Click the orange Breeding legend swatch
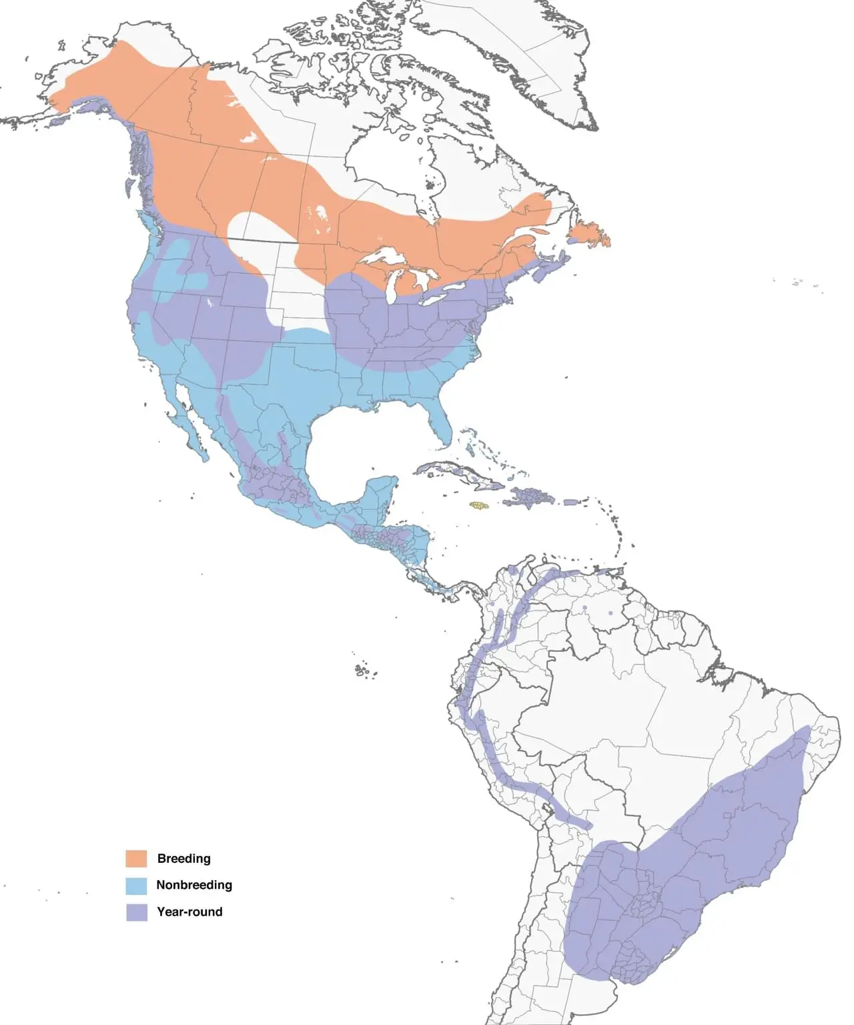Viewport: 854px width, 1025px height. point(136,858)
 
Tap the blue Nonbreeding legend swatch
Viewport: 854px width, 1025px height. point(136,885)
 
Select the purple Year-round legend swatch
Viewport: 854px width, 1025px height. point(136,912)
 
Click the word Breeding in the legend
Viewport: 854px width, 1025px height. point(183,858)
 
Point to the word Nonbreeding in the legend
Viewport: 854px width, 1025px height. point(194,885)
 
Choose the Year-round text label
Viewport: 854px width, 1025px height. point(189,912)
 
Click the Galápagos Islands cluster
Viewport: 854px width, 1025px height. point(363,669)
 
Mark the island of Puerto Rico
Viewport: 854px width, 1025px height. point(572,501)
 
